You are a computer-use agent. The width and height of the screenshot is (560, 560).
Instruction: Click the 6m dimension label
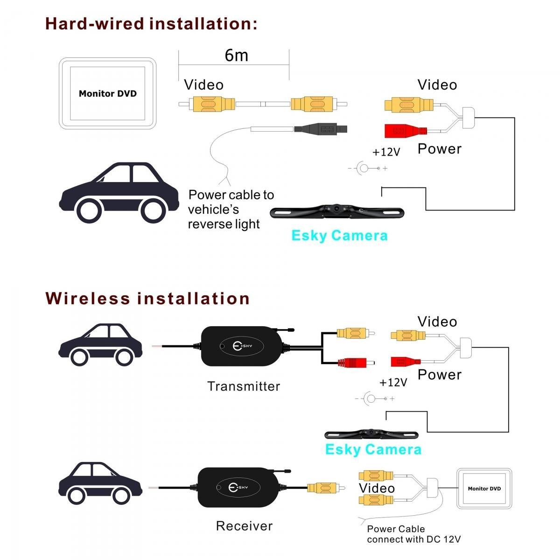point(236,56)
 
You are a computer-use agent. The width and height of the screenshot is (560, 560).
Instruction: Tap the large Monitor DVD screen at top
point(107,93)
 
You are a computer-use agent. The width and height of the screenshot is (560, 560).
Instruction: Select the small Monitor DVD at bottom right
point(484,489)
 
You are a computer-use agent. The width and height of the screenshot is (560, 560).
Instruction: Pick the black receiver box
point(242,488)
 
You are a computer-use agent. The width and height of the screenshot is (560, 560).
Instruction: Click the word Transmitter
point(244,386)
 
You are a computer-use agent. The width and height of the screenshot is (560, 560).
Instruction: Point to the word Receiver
point(244,526)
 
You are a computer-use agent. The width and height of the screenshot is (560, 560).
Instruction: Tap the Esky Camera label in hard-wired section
point(339,235)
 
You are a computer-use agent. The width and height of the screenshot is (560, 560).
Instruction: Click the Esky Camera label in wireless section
point(373,449)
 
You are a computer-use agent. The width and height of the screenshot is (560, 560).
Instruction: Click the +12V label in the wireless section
point(393,383)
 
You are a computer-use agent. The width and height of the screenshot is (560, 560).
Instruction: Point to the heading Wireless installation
point(147,298)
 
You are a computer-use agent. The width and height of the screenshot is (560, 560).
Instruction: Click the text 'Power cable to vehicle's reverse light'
point(231,209)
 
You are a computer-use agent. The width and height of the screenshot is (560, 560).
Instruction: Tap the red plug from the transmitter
point(357,363)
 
